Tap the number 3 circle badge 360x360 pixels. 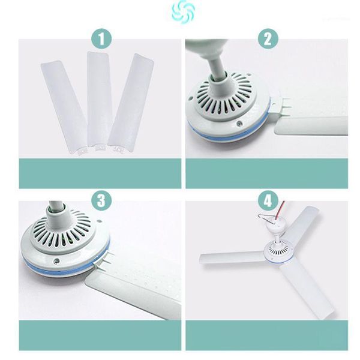click(101, 200)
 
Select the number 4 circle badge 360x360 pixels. click(268, 200)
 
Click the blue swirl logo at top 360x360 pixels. click(183, 12)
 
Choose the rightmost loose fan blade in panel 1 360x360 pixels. click(131, 103)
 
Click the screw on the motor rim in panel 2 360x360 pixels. click(240, 124)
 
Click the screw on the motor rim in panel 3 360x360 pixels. click(56, 261)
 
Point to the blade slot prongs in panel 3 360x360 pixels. click(104, 258)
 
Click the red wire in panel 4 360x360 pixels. click(280, 210)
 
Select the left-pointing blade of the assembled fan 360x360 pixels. click(232, 258)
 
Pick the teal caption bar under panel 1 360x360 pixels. click(100, 173)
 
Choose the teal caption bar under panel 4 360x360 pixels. click(267, 335)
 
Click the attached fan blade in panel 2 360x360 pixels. click(311, 125)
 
